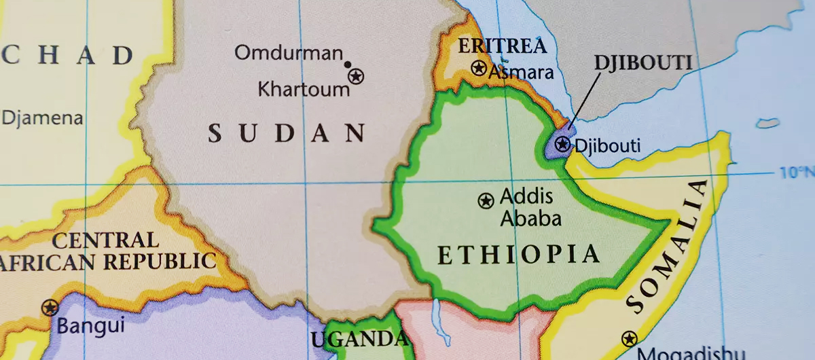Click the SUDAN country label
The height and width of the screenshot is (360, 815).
286,132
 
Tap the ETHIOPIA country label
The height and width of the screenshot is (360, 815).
519,255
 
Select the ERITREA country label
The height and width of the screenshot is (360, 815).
502,46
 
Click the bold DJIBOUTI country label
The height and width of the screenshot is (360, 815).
642,62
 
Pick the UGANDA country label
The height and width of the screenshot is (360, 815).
360,339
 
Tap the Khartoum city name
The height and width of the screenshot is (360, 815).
303,89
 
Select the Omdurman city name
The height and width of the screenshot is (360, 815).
289,52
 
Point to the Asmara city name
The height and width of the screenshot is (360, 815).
522,72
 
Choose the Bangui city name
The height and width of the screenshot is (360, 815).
90,325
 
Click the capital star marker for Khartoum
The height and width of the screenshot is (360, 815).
356,76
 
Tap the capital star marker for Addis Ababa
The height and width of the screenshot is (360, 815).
486,200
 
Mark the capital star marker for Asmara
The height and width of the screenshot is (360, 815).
479,68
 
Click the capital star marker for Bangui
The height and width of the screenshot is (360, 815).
50,308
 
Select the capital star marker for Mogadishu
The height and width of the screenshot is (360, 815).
630,338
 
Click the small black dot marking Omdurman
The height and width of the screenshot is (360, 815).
348,65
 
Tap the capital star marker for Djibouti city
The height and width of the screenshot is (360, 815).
562,144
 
